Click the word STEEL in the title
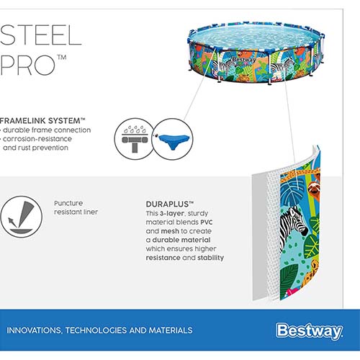(40, 35)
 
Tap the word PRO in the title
(27, 65)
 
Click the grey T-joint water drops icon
(135, 139)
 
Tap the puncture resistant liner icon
(21, 217)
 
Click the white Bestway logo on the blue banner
(309, 331)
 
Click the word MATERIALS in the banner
(171, 330)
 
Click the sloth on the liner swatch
(313, 190)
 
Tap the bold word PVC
(207, 222)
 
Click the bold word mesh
(170, 231)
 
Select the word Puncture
(68, 203)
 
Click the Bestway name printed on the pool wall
(243, 60)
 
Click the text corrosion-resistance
(37, 139)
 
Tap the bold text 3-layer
(172, 214)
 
